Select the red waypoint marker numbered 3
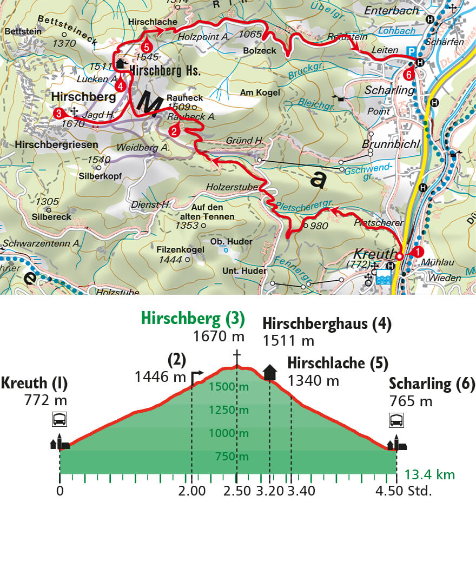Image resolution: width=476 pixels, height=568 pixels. (58, 113)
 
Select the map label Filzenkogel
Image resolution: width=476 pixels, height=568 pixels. (172, 249)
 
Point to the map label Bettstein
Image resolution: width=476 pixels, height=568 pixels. (22, 32)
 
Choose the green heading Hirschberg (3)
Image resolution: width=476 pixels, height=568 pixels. (193, 319)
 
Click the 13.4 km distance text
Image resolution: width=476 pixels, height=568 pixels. (430, 475)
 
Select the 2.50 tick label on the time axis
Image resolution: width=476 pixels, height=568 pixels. (236, 491)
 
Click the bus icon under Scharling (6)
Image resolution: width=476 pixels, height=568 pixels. (396, 419)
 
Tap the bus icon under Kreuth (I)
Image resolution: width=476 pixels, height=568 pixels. (59, 419)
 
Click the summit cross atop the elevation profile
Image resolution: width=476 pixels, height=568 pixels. (236, 357)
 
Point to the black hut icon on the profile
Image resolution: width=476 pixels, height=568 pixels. (269, 372)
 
